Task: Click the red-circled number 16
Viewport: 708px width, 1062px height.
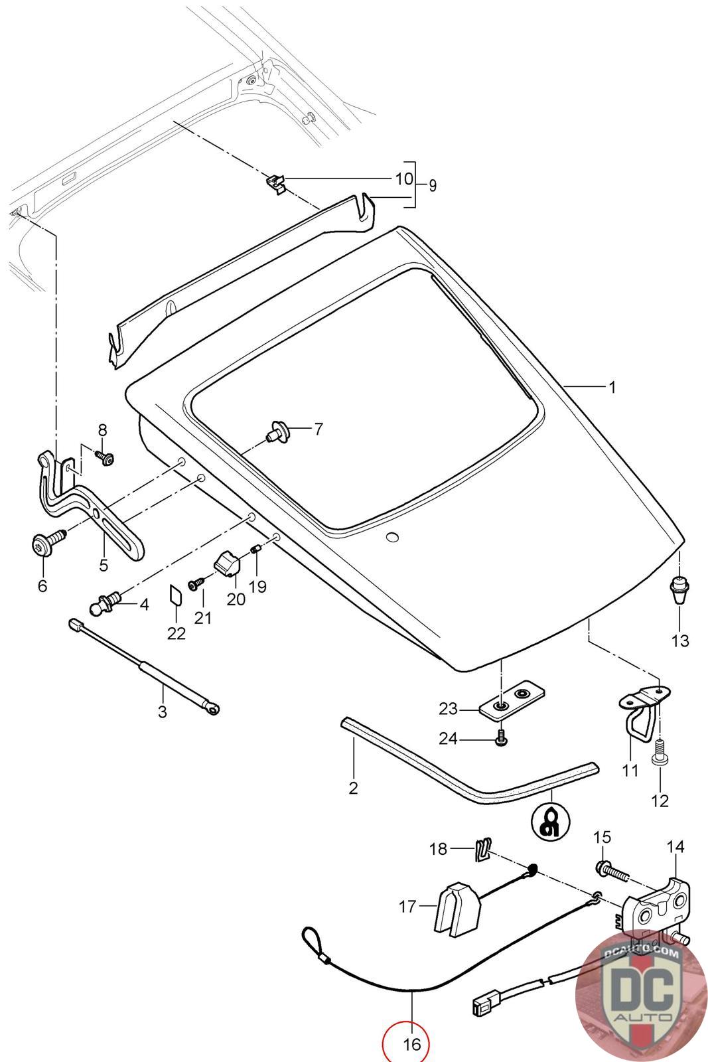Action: tap(406, 1044)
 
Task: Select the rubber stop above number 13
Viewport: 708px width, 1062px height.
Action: tap(677, 589)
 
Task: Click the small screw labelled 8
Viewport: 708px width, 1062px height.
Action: tap(104, 457)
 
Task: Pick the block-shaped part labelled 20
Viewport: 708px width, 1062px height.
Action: tap(228, 565)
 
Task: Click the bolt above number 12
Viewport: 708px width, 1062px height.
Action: tap(660, 753)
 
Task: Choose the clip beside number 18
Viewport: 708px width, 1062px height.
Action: tap(483, 850)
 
